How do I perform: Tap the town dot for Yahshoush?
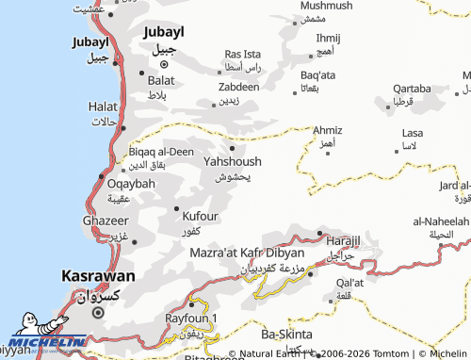[232, 146]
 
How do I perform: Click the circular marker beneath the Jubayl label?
[163, 64]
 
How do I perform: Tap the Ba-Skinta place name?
[287, 333]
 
